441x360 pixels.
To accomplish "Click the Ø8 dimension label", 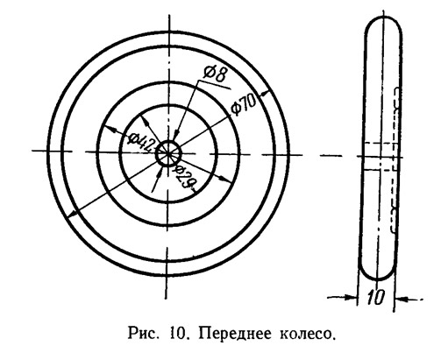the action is tap(216, 75).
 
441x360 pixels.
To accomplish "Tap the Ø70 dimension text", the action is tap(243, 105).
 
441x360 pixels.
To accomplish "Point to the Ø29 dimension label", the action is tap(186, 178).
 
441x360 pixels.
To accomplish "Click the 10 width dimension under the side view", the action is tap(375, 298).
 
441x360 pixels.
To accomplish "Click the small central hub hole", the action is tap(168, 152).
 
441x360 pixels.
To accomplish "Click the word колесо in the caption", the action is tap(307, 334).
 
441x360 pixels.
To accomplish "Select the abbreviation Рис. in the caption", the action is tap(144, 334).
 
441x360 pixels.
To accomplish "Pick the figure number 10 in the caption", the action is tap(177, 334).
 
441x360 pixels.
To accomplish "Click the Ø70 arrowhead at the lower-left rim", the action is tap(72, 213).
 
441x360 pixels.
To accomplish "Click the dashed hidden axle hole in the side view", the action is tap(380, 156).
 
